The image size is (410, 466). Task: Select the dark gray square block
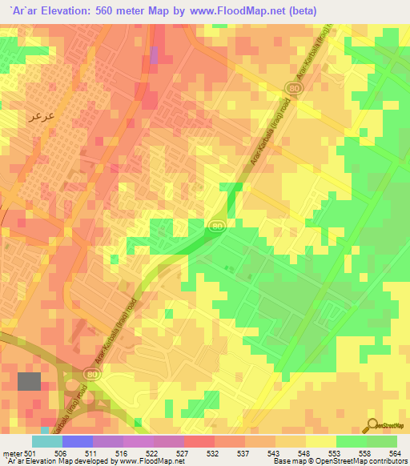point(30,381)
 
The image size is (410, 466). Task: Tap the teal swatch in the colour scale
point(47,441)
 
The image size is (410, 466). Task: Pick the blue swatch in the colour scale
point(78,441)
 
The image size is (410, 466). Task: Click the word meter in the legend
point(11,452)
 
